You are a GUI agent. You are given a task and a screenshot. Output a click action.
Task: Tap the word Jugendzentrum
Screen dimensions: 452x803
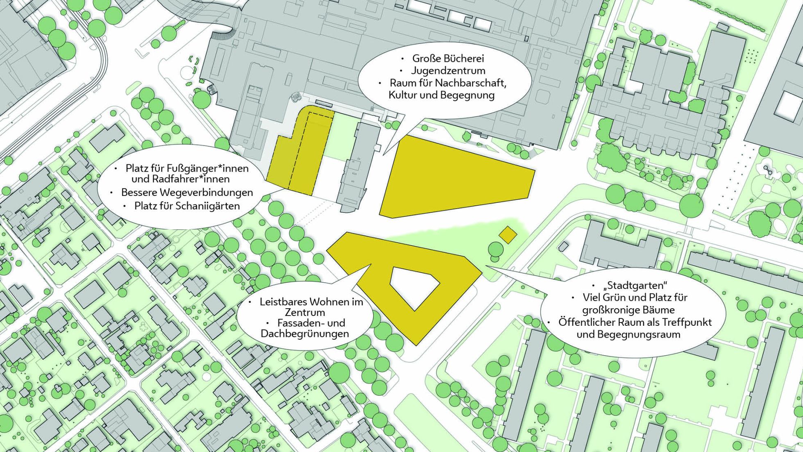pyautogui.click(x=448, y=70)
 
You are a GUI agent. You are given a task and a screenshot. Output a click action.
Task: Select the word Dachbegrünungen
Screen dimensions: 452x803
pyautogui.click(x=305, y=334)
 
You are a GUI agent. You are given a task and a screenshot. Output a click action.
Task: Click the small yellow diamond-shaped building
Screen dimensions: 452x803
pyautogui.click(x=508, y=235)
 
